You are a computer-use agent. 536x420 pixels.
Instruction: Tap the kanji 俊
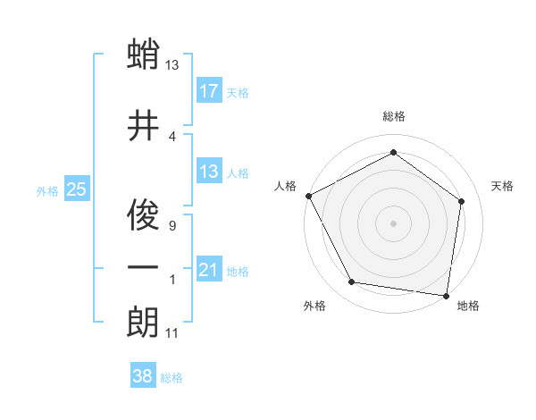pyautogui.click(x=143, y=214)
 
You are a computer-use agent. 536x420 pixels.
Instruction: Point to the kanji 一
pyautogui.click(x=143, y=267)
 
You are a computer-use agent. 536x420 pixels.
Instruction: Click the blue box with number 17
pyautogui.click(x=208, y=91)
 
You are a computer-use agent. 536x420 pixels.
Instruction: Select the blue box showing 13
pyautogui.click(x=208, y=172)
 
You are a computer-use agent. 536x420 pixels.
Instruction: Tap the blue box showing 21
pyautogui.click(x=208, y=270)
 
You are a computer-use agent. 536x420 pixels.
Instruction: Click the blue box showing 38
pyautogui.click(x=143, y=377)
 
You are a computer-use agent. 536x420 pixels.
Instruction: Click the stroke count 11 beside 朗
pyautogui.click(x=172, y=333)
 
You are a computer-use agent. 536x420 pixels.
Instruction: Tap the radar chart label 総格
pyautogui.click(x=394, y=116)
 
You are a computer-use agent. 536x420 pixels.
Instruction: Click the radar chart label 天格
pyautogui.click(x=503, y=186)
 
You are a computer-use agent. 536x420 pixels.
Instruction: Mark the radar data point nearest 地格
pyautogui.click(x=447, y=295)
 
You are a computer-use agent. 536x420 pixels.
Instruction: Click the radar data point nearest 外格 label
pyautogui.click(x=352, y=282)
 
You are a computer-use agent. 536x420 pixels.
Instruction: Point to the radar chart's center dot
pyautogui.click(x=394, y=223)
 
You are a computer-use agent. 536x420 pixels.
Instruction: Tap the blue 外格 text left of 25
pyautogui.click(x=47, y=190)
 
